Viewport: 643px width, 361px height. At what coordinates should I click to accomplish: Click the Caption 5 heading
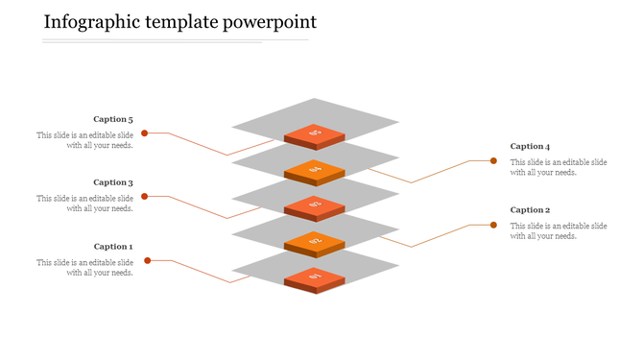pos(113,120)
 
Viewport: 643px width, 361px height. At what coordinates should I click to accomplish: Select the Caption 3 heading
pos(113,182)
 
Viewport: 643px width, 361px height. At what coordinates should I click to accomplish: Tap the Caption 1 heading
pos(113,247)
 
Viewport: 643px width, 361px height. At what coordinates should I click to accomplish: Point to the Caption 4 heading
pos(530,147)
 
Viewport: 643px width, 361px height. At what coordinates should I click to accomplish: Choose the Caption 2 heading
pos(530,209)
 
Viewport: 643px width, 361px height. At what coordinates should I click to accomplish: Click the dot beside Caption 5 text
pos(145,133)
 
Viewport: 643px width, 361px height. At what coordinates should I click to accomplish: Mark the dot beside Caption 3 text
pos(145,196)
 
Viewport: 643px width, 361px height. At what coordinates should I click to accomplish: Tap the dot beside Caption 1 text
pos(148,260)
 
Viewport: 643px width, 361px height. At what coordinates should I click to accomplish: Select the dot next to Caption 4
pos(493,161)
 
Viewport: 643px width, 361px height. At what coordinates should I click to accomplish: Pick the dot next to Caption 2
pos(493,225)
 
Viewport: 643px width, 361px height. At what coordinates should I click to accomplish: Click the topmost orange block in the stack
pos(315,135)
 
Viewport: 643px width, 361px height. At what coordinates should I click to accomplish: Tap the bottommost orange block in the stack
pos(315,279)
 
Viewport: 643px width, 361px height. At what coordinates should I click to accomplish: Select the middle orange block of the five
pos(315,206)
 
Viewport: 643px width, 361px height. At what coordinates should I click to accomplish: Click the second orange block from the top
pos(315,172)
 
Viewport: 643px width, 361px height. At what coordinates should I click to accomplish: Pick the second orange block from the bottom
pos(315,243)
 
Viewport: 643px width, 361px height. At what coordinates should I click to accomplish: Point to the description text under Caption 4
pos(558,167)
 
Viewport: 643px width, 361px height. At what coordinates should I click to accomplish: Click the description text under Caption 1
pos(85,267)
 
